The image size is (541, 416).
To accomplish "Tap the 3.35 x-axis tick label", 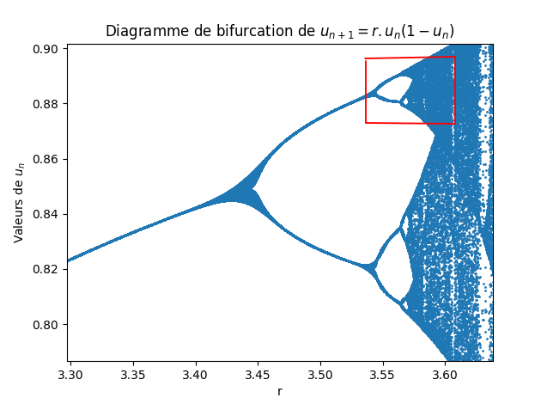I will [133, 376].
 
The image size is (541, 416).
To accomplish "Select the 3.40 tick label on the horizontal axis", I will [195, 376].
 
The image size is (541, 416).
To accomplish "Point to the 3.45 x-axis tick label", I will [258, 376].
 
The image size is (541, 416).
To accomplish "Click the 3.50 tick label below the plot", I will [320, 376].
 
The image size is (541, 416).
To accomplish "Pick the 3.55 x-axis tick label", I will [382, 376].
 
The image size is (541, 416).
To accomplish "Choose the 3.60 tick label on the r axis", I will [445, 376].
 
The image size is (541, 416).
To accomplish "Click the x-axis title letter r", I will [280, 392].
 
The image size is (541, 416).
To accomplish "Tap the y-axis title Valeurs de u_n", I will [19, 202].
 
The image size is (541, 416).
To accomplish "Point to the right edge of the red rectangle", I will [455, 90].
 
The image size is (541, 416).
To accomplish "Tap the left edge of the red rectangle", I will [366, 90].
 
